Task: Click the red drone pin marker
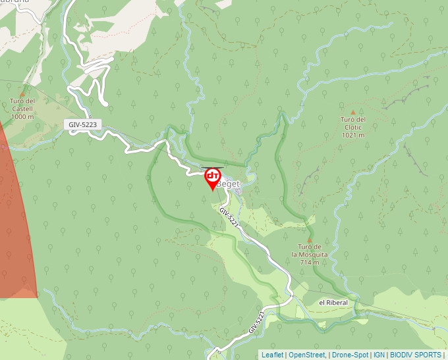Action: pos(212,178)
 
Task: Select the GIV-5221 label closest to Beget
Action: pos(229,217)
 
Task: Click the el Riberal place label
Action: pos(333,302)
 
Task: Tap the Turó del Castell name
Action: pos(22,105)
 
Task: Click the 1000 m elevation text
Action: pos(22,116)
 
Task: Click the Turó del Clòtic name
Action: pos(352,123)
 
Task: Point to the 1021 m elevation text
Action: pos(352,135)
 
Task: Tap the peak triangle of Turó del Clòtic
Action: pos(352,113)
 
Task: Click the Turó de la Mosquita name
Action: pos(309,251)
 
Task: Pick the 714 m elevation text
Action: pos(309,262)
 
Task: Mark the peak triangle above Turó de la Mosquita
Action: pos(309,240)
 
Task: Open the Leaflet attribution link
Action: pos(272,355)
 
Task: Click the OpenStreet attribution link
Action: pos(307,355)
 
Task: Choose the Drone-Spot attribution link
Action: pos(350,355)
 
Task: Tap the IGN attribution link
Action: pos(379,355)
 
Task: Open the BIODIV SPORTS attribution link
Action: pos(416,355)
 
